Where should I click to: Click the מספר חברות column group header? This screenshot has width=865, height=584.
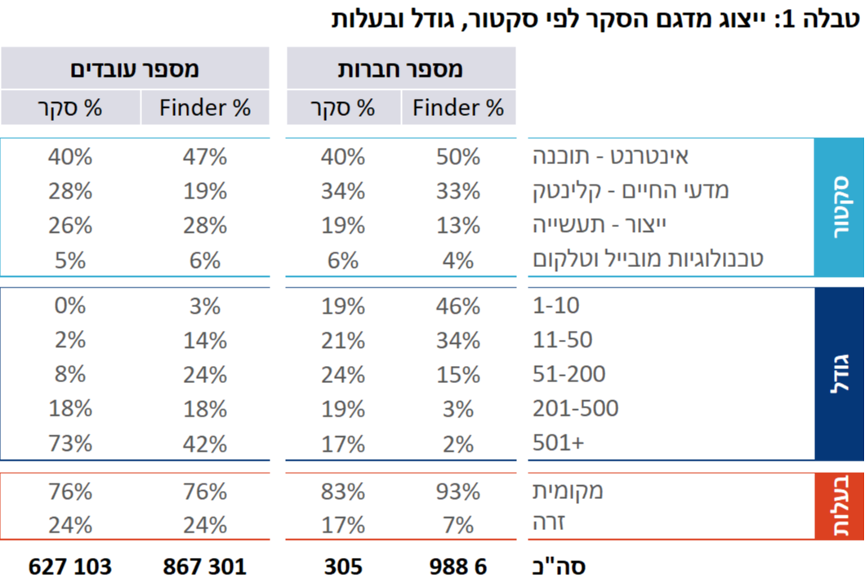pyautogui.click(x=400, y=69)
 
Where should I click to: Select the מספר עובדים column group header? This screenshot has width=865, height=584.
pyautogui.click(x=135, y=69)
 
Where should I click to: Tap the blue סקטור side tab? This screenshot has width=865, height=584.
pyautogui.click(x=839, y=207)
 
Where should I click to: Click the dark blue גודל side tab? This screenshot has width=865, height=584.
pyautogui.click(x=839, y=373)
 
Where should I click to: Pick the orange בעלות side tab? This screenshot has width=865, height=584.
pyautogui.click(x=839, y=506)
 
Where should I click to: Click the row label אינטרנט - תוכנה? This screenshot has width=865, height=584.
pyautogui.click(x=611, y=156)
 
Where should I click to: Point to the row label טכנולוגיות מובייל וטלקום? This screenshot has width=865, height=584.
pyautogui.click(x=649, y=260)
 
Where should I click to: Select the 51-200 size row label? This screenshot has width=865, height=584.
pyautogui.click(x=568, y=374)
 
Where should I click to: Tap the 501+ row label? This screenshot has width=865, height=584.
pyautogui.click(x=559, y=444)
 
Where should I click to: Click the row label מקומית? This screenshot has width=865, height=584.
pyautogui.click(x=568, y=492)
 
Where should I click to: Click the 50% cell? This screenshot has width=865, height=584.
pyautogui.click(x=457, y=156)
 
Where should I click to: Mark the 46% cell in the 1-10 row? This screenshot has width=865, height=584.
pyautogui.click(x=457, y=306)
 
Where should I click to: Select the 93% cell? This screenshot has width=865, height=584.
pyautogui.click(x=457, y=492)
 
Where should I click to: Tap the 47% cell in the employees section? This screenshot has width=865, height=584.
pyautogui.click(x=204, y=156)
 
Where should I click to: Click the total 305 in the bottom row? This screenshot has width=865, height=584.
pyautogui.click(x=342, y=566)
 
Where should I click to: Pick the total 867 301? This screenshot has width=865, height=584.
pyautogui.click(x=204, y=566)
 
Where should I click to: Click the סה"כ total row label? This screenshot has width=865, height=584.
pyautogui.click(x=559, y=566)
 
